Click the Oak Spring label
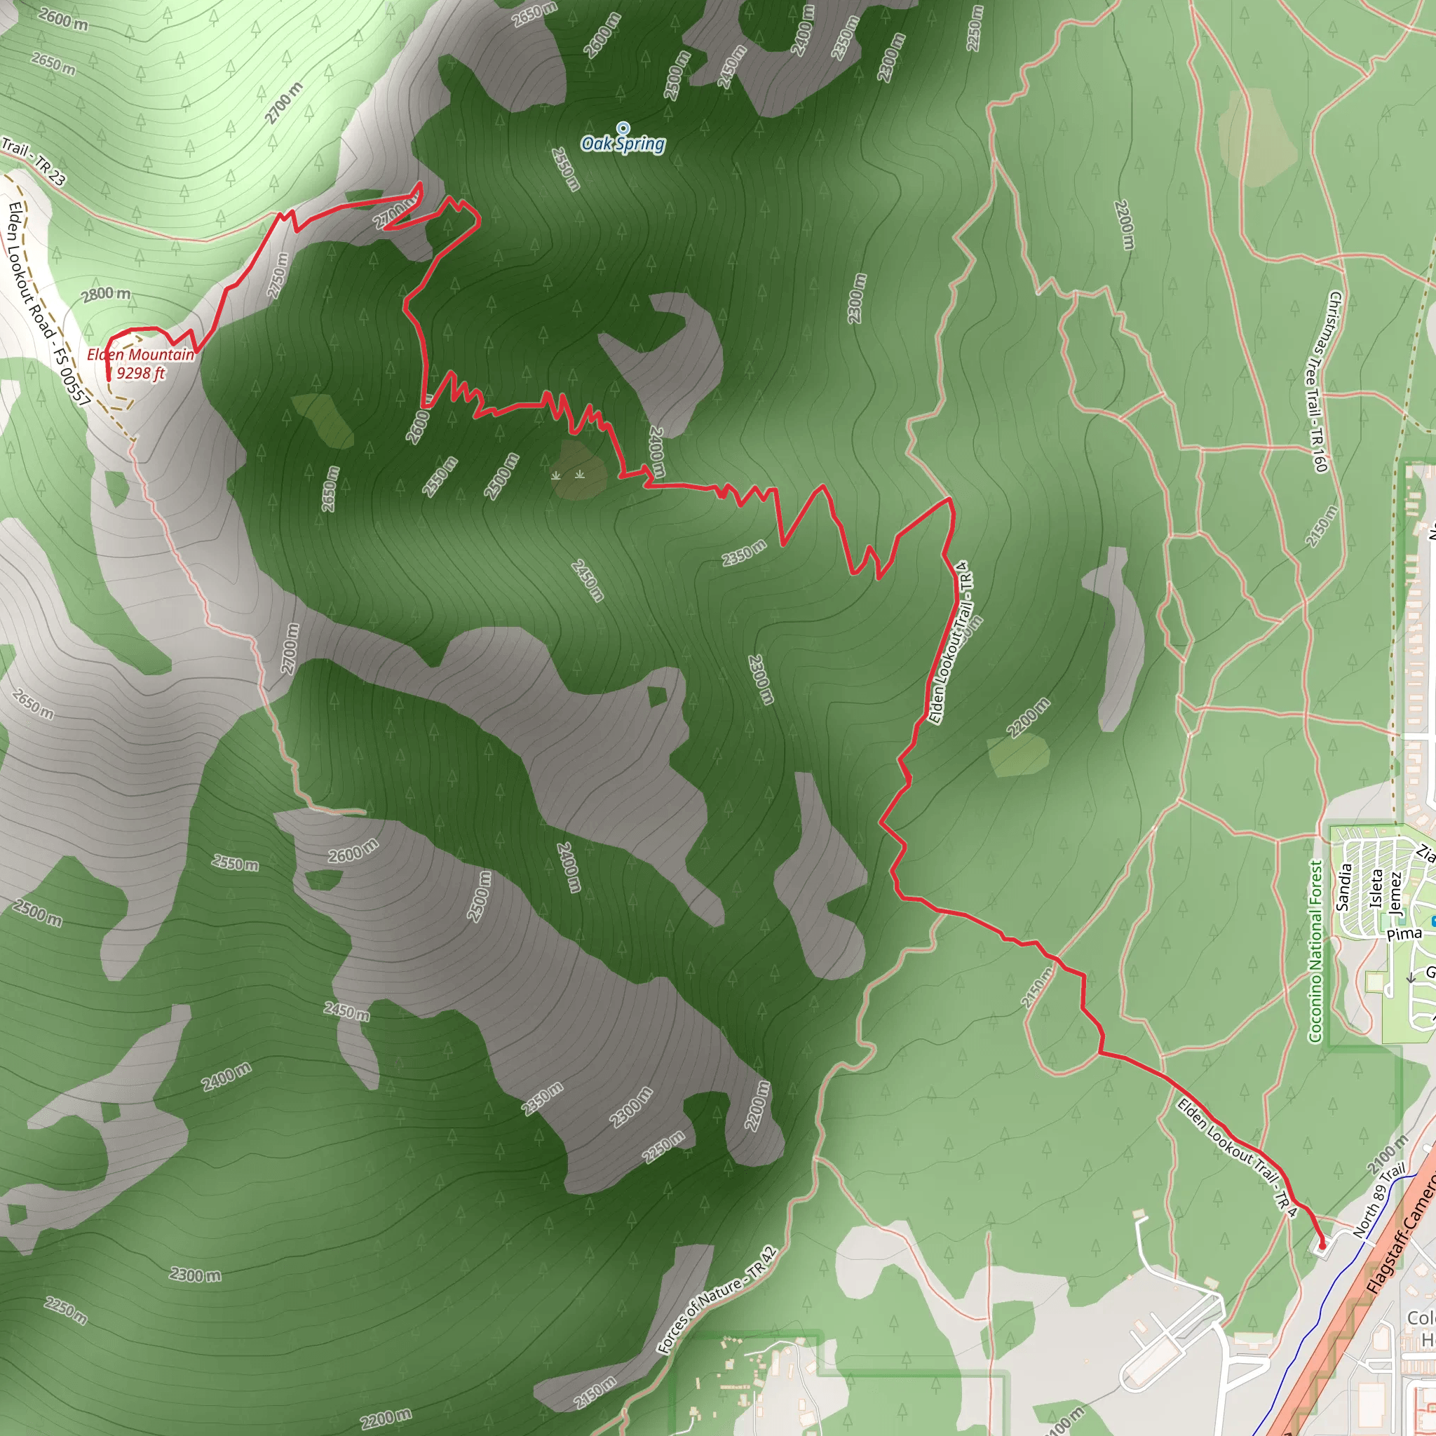[623, 144]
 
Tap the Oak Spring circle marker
[623, 128]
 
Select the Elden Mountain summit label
[140, 355]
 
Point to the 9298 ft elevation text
[140, 373]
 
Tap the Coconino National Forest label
[1316, 951]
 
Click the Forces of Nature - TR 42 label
[717, 1300]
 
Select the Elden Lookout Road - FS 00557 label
[48, 303]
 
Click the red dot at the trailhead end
[1322, 1246]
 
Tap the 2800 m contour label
[107, 294]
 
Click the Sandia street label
[1343, 887]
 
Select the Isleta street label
[1376, 888]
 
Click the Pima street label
[1404, 934]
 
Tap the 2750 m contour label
[277, 275]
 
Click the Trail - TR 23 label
[34, 161]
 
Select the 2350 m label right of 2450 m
[744, 553]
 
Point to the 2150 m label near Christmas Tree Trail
[1322, 527]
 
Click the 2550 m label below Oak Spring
[566, 169]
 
